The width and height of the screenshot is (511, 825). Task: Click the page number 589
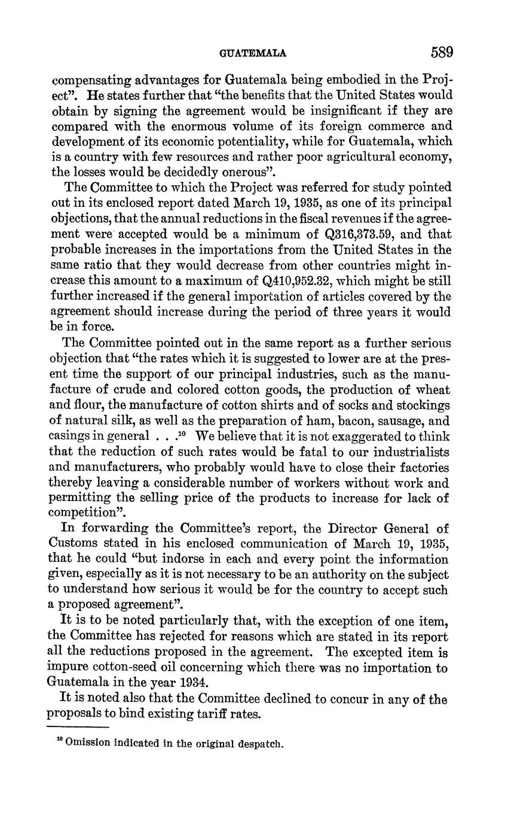point(442,53)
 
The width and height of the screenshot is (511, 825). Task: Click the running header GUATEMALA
point(253,53)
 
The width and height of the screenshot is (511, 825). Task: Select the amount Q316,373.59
point(371,234)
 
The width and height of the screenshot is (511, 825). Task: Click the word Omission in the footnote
point(87,745)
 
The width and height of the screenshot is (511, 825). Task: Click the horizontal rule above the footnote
point(78,727)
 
